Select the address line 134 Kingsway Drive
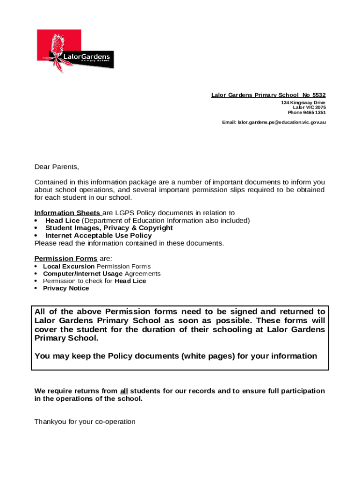point(303,102)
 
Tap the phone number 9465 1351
point(315,113)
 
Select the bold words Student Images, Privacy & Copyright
point(109,228)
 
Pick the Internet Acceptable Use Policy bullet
point(98,236)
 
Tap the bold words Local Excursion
point(69,266)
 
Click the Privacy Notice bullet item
point(66,288)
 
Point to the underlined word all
point(124,391)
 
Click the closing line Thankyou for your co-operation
point(85,422)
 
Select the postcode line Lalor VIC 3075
point(309,108)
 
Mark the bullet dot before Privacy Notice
point(36,289)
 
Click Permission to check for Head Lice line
point(94,281)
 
